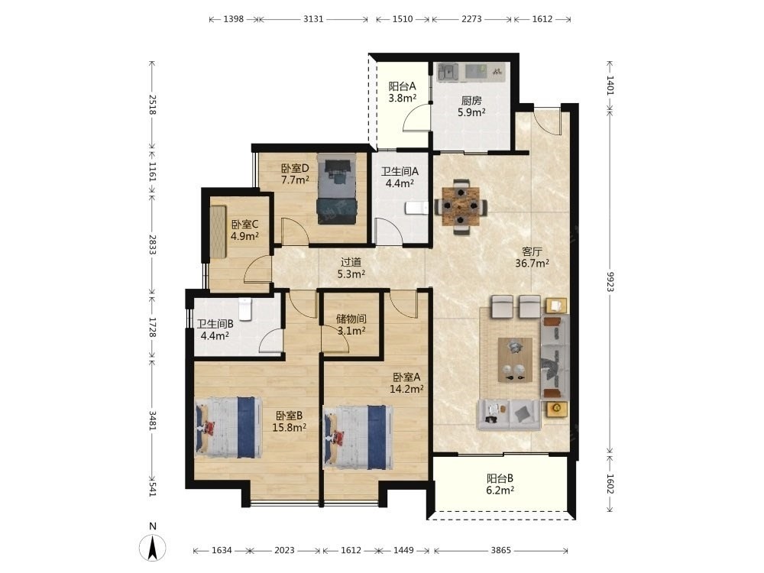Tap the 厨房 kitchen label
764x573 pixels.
[x=471, y=101]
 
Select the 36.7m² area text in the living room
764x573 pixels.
[x=532, y=263]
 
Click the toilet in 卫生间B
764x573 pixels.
[x=245, y=310]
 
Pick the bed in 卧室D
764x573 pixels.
[x=336, y=189]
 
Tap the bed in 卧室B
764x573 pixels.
[x=228, y=428]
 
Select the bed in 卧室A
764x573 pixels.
[x=358, y=438]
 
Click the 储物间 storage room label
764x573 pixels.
[x=351, y=319]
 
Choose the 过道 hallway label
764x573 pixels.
[x=351, y=262]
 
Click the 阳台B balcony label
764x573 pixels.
[x=500, y=478]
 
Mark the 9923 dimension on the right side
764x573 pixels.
[x=610, y=282]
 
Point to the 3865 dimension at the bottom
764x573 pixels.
[x=501, y=550]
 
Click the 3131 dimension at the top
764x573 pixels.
[x=313, y=19]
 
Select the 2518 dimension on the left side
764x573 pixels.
[x=152, y=104]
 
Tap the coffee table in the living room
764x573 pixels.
[x=515, y=360]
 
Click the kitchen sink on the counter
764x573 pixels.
[x=447, y=72]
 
